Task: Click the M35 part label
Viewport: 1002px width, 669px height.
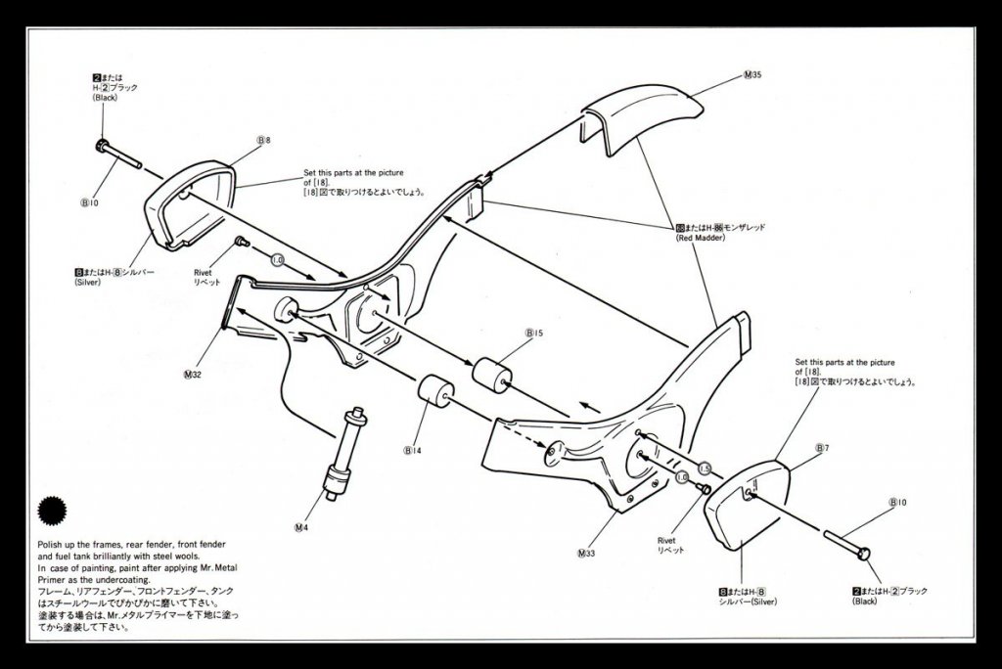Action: [x=752, y=76]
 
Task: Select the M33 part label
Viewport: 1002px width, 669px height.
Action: [x=586, y=554]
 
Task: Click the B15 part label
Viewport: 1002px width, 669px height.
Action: [x=534, y=334]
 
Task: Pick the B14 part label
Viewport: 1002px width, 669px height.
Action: [x=411, y=451]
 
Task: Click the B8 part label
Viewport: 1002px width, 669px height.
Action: [x=263, y=141]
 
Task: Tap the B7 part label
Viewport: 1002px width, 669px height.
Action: [x=822, y=448]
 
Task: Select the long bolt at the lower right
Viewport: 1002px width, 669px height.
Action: [x=847, y=544]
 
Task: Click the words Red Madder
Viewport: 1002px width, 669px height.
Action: [x=697, y=238]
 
